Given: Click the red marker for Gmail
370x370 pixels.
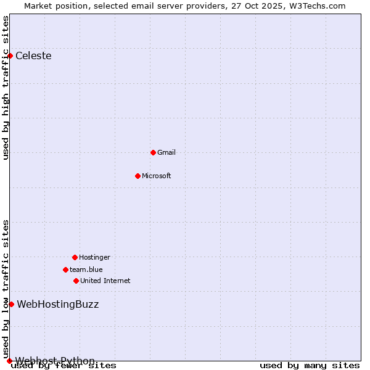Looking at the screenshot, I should tap(153, 152).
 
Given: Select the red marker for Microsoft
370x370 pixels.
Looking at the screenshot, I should tap(138, 176).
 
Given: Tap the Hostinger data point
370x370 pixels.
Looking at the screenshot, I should tap(75, 257).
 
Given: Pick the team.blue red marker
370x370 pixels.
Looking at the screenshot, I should tap(65, 269).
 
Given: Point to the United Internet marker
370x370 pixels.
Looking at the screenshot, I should tap(76, 281).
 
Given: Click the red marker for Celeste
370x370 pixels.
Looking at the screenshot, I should tap(10, 56).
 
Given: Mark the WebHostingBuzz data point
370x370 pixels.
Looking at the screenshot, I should tap(11, 304).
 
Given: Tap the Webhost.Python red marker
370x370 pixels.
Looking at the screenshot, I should tap(9, 361).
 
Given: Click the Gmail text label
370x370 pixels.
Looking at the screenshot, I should tap(166, 152).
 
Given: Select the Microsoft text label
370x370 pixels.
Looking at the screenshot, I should tap(157, 176).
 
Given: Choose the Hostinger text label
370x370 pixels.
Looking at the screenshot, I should tap(94, 257).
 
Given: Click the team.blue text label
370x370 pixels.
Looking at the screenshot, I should tap(86, 269).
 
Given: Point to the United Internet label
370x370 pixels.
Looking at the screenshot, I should tap(105, 281).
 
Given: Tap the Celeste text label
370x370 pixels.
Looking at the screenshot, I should tap(33, 56).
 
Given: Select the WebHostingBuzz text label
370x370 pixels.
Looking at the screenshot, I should tap(57, 304).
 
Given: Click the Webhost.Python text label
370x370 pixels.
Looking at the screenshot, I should tap(55, 361).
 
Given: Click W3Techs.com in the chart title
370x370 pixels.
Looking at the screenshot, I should tap(316, 6).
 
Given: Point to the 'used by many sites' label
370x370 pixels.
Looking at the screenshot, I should tap(310, 366).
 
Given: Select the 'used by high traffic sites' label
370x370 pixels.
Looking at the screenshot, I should tap(6, 88).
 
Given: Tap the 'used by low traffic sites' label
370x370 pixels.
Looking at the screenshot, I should tap(6, 289).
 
